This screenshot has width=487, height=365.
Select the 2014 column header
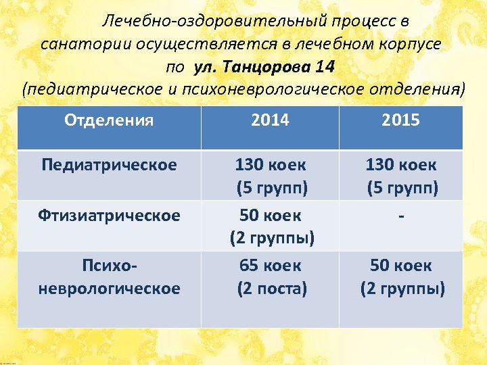[270, 121]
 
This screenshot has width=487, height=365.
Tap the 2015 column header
[400, 121]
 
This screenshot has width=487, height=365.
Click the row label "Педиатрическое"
[109, 165]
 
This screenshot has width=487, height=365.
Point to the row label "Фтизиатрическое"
[109, 216]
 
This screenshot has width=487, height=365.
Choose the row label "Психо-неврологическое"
[109, 277]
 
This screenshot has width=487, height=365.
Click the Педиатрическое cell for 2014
[270, 175]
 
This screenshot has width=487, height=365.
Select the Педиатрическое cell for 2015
[400, 175]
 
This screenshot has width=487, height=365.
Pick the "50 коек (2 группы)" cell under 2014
[270, 226]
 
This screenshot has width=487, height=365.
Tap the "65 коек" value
[270, 265]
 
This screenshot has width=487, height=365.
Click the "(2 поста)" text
[271, 289]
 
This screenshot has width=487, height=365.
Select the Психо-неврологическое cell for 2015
[402, 277]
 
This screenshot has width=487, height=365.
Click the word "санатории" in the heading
[76, 45]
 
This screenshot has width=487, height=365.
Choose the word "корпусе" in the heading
[413, 45]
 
